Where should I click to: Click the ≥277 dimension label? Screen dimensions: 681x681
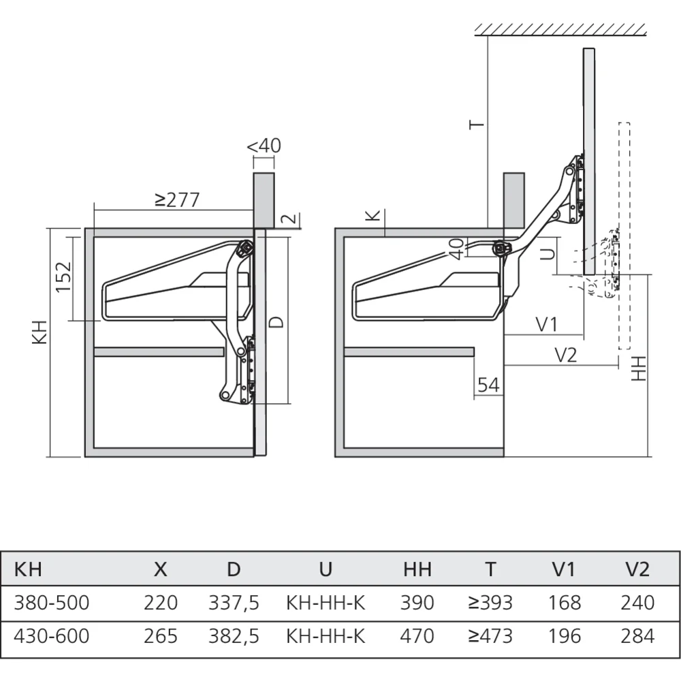click(176, 200)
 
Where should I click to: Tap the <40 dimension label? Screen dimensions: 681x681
click(264, 146)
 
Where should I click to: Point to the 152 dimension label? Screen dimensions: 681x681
click(63, 276)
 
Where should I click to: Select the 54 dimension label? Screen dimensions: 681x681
click(488, 385)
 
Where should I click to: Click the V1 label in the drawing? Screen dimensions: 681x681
click(545, 324)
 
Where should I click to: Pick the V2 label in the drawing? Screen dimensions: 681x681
click(565, 354)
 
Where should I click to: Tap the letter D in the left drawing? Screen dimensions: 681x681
click(276, 321)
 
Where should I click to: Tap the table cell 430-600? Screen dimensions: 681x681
click(52, 636)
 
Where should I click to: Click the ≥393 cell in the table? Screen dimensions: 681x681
click(490, 603)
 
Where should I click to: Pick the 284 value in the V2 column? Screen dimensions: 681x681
click(637, 636)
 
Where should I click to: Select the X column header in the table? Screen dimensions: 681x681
click(160, 569)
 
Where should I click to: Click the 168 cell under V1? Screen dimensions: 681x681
click(565, 603)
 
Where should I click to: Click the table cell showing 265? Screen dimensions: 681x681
click(161, 636)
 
